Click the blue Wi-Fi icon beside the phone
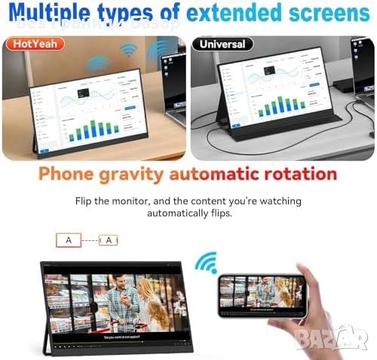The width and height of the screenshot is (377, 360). coord(206,261)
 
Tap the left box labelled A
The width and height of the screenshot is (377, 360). coord(69,240)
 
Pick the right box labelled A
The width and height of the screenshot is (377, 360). coord(109,240)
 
